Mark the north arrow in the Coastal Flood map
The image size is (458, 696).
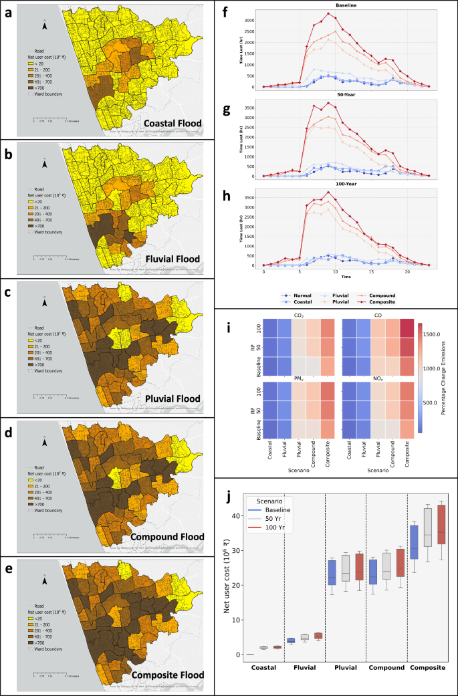[x=45, y=26]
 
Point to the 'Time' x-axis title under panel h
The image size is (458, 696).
[x=346, y=275]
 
